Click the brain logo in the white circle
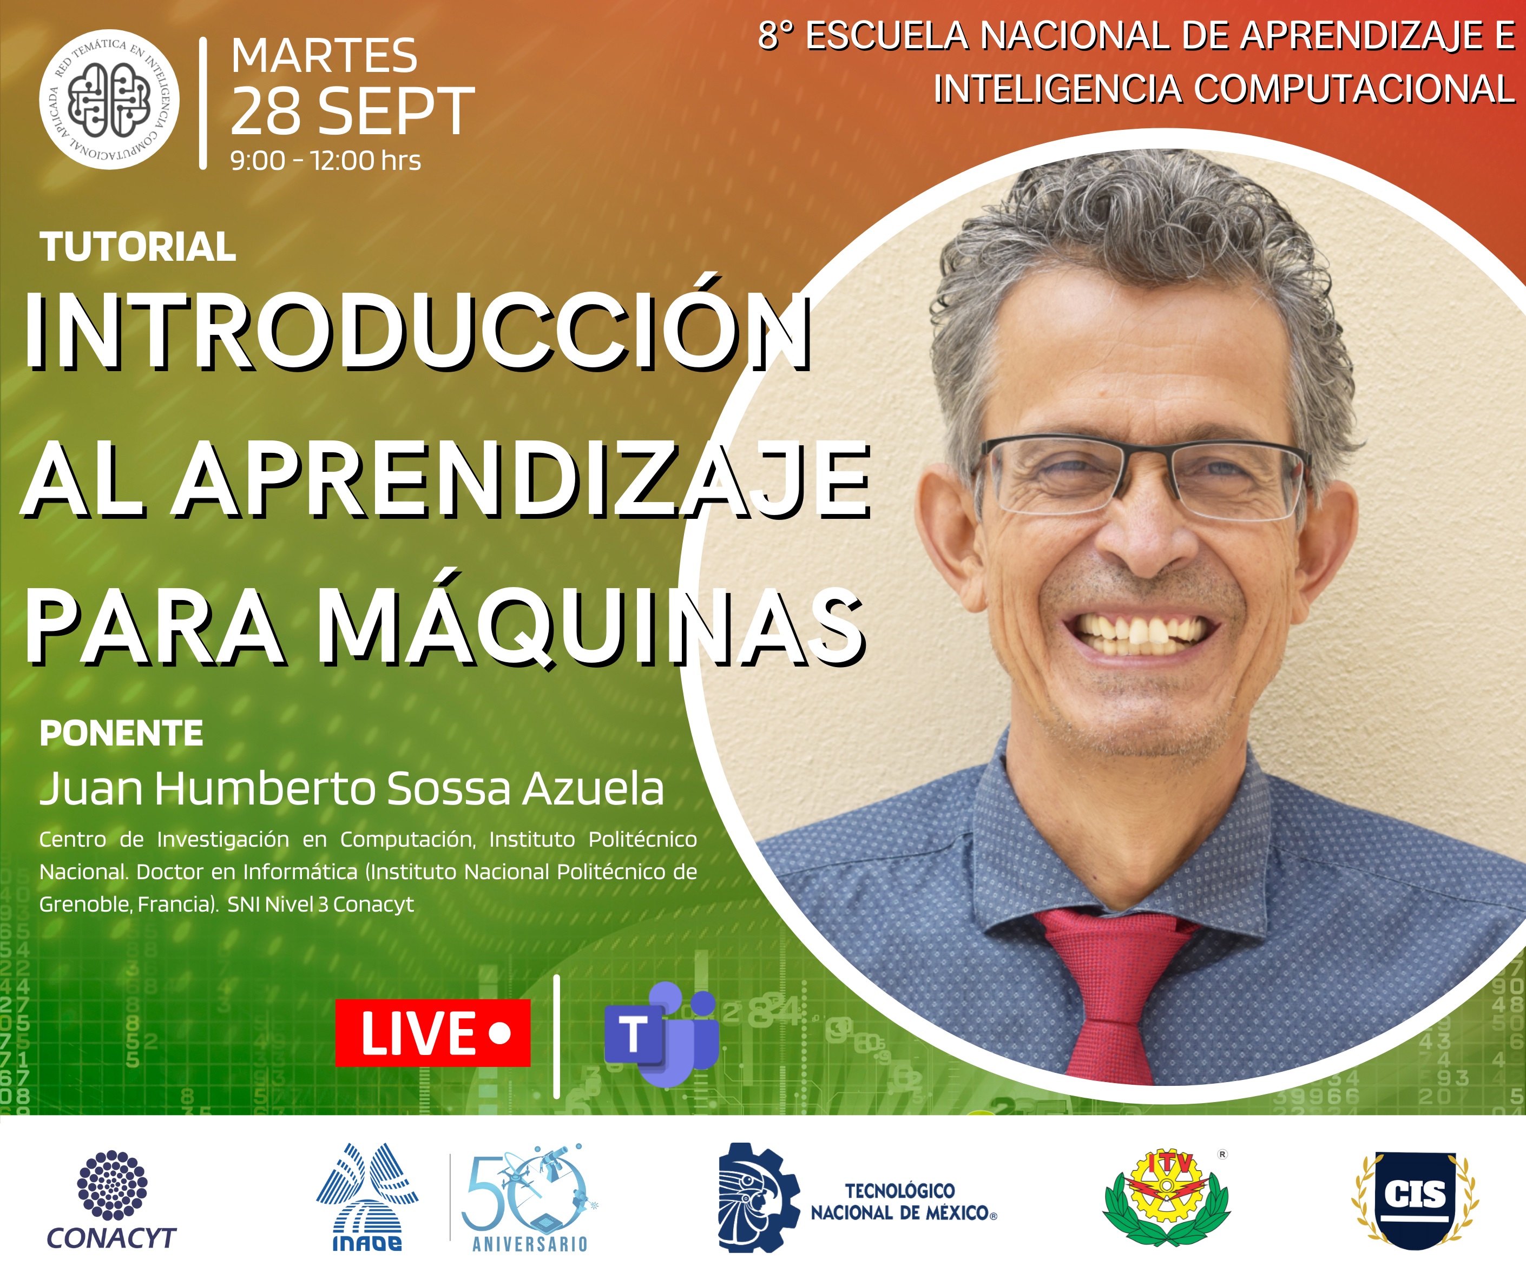pos(109,100)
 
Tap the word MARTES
pos(324,56)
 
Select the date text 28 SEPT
pos(352,111)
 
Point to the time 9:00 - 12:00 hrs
pos(326,161)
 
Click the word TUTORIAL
pos(138,247)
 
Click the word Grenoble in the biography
pos(85,905)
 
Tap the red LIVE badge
pos(433,1033)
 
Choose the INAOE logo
pos(367,1198)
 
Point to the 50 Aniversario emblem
pos(530,1198)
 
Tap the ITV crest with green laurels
pos(1166,1198)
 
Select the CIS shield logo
pos(1415,1199)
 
